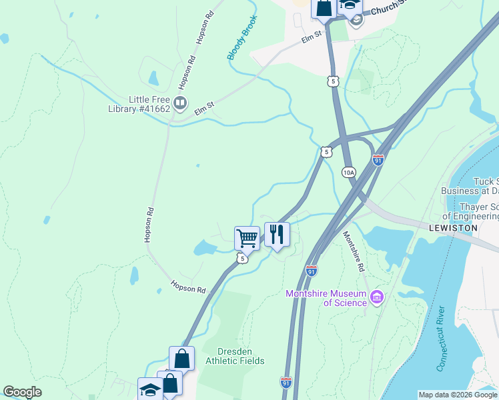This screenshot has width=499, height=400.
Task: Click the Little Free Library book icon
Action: [x=179, y=103]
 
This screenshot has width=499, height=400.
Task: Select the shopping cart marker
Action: [x=247, y=237]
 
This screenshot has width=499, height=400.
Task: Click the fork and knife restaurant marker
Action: [x=277, y=234]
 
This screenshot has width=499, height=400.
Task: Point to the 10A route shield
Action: [x=349, y=172]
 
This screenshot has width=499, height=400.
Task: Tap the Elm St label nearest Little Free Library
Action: [x=203, y=108]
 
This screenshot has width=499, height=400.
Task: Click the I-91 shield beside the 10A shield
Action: [x=378, y=161]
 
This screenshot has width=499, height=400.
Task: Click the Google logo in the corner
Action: [x=22, y=392]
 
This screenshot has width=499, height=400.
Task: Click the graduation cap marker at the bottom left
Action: [x=150, y=389]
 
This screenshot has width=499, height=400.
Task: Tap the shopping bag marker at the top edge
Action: [x=324, y=8]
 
